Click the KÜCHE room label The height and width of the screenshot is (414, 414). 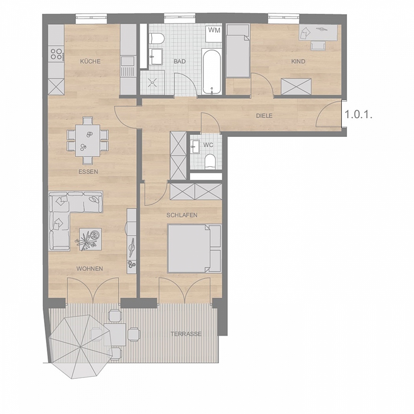90,61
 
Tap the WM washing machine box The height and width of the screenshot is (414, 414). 214,34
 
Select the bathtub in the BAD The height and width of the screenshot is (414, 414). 212,71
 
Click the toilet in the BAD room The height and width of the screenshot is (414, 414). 156,39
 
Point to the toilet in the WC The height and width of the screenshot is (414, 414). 210,161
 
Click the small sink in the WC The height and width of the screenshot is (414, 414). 195,146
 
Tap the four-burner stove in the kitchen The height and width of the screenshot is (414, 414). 56,54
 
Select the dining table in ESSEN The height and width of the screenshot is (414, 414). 88,141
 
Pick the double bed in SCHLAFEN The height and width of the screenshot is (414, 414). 194,248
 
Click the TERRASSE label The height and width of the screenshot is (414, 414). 186,334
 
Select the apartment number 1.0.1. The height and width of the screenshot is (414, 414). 359,115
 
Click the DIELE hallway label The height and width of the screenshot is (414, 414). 264,116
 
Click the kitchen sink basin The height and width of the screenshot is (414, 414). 128,61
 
